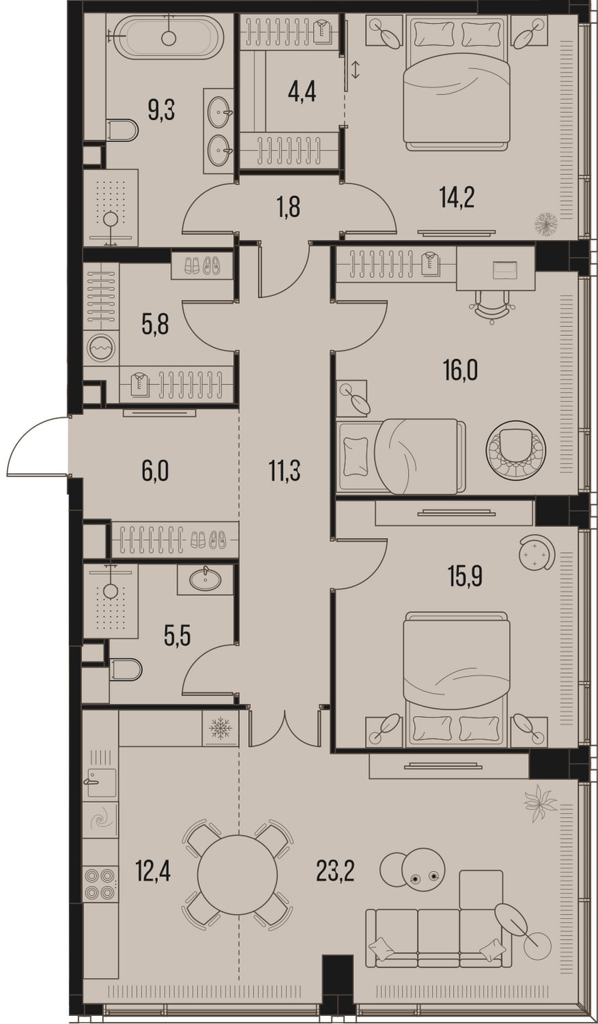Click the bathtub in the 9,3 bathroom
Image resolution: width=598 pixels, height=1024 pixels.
pos(169,38)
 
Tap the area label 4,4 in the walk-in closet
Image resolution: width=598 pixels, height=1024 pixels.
pos(302,92)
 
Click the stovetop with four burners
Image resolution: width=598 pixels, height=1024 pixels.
pos(100,884)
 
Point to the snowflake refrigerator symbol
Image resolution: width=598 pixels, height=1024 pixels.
pos(220,728)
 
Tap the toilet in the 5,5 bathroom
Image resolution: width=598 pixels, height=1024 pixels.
pos(125,670)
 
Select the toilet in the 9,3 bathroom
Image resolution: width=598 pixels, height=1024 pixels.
pos(122,130)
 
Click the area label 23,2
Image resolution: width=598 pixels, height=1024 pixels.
pos(336,872)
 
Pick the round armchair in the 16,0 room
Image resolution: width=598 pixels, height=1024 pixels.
pos(515,449)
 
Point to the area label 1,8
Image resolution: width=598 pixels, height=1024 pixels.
pos(288,208)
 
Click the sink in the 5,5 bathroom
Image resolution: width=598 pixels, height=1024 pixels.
pos(205,580)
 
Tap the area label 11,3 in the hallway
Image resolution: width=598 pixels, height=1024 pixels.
pos(284,471)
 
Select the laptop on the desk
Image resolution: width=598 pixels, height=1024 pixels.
pos(504,270)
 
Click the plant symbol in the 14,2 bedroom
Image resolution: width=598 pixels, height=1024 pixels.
pos(547,223)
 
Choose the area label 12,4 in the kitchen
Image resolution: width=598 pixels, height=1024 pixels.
pos(153,872)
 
